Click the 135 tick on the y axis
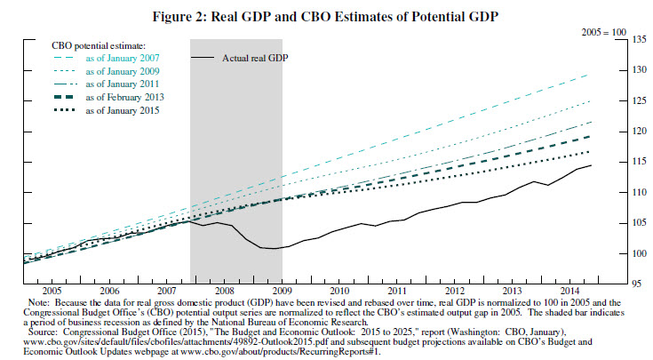coord(635,39)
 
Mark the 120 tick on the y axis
coord(635,131)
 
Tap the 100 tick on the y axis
coord(635,253)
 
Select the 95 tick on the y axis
coord(636,284)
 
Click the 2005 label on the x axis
coord(52,292)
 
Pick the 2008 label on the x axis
coord(224,292)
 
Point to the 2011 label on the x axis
coord(396,292)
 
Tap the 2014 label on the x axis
coord(569,292)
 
